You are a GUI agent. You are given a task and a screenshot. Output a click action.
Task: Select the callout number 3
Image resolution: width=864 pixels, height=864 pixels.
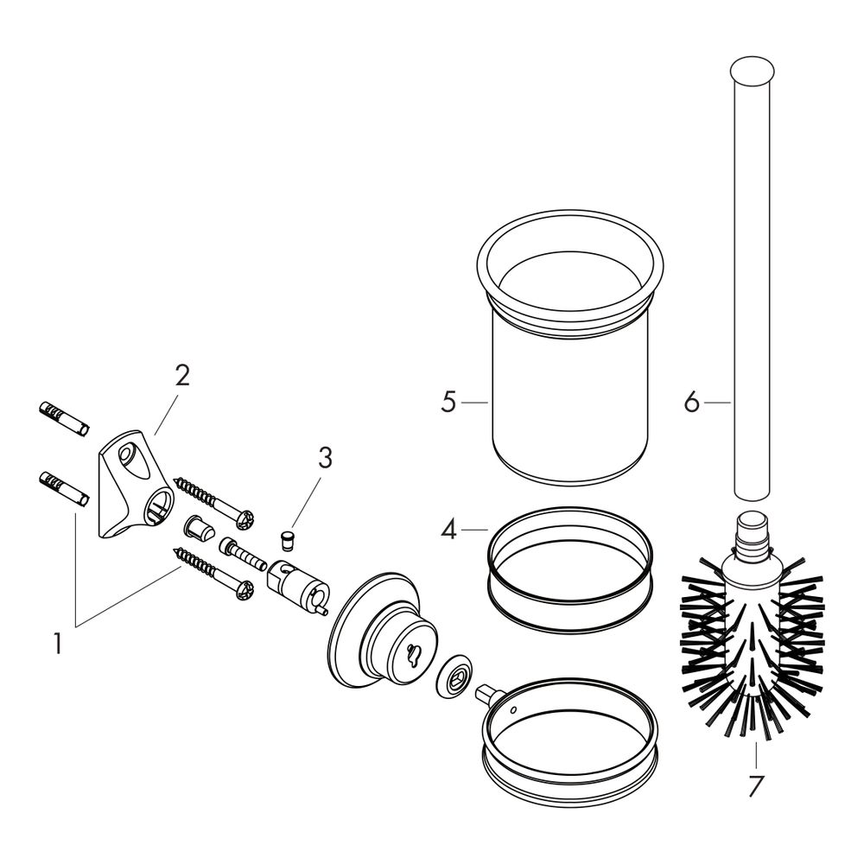pos(325,458)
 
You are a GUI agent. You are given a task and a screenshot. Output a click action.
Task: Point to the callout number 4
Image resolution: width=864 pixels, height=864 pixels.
pos(449,530)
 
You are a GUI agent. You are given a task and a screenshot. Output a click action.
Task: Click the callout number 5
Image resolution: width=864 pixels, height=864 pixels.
pos(449,403)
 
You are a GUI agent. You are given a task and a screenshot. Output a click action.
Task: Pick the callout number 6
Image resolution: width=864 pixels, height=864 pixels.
pos(691,403)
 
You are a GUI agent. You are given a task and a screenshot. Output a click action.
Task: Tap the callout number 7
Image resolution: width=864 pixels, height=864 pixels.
pos(755,786)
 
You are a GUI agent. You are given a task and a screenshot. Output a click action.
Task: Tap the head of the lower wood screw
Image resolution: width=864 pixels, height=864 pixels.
pos(245,592)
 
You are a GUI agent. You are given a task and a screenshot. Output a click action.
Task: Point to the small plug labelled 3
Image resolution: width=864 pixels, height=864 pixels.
pos(287,541)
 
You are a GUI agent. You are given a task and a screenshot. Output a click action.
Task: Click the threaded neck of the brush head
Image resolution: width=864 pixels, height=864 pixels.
pos(752,532)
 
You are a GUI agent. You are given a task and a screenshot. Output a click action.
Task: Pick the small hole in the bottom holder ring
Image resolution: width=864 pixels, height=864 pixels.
pos(513,709)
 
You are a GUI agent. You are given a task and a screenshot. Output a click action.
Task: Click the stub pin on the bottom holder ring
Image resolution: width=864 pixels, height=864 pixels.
pos(487,694)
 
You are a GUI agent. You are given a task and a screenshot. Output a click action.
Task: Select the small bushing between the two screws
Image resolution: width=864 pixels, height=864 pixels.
pos(200,529)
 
